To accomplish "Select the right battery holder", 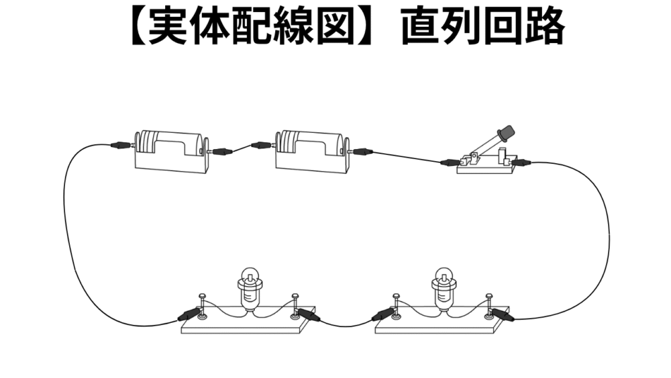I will click(312, 152).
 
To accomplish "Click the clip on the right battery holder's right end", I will click(362, 152).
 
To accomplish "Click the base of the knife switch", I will click(486, 168).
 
